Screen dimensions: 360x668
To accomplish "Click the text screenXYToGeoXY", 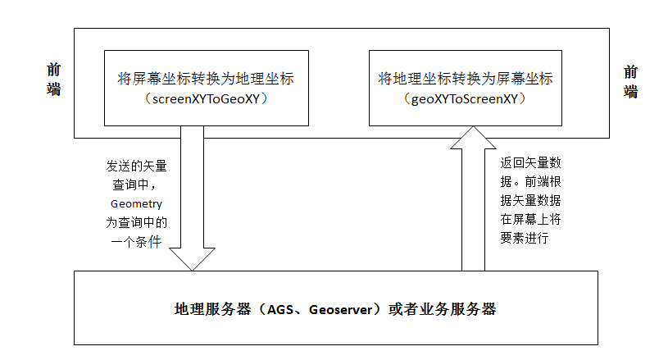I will [x=207, y=99].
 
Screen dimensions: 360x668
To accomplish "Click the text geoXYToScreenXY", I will [x=465, y=99].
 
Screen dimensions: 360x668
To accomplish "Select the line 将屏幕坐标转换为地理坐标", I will [x=207, y=80].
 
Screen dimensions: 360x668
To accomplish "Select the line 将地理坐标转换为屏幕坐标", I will [x=465, y=80].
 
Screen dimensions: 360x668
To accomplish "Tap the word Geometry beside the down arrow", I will [x=136, y=203].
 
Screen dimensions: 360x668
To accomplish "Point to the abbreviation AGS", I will [x=282, y=310].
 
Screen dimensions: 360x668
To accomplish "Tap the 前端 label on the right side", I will [x=630, y=81].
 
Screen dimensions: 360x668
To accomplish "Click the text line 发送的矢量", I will [x=136, y=165].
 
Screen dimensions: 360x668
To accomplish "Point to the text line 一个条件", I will [x=136, y=241].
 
